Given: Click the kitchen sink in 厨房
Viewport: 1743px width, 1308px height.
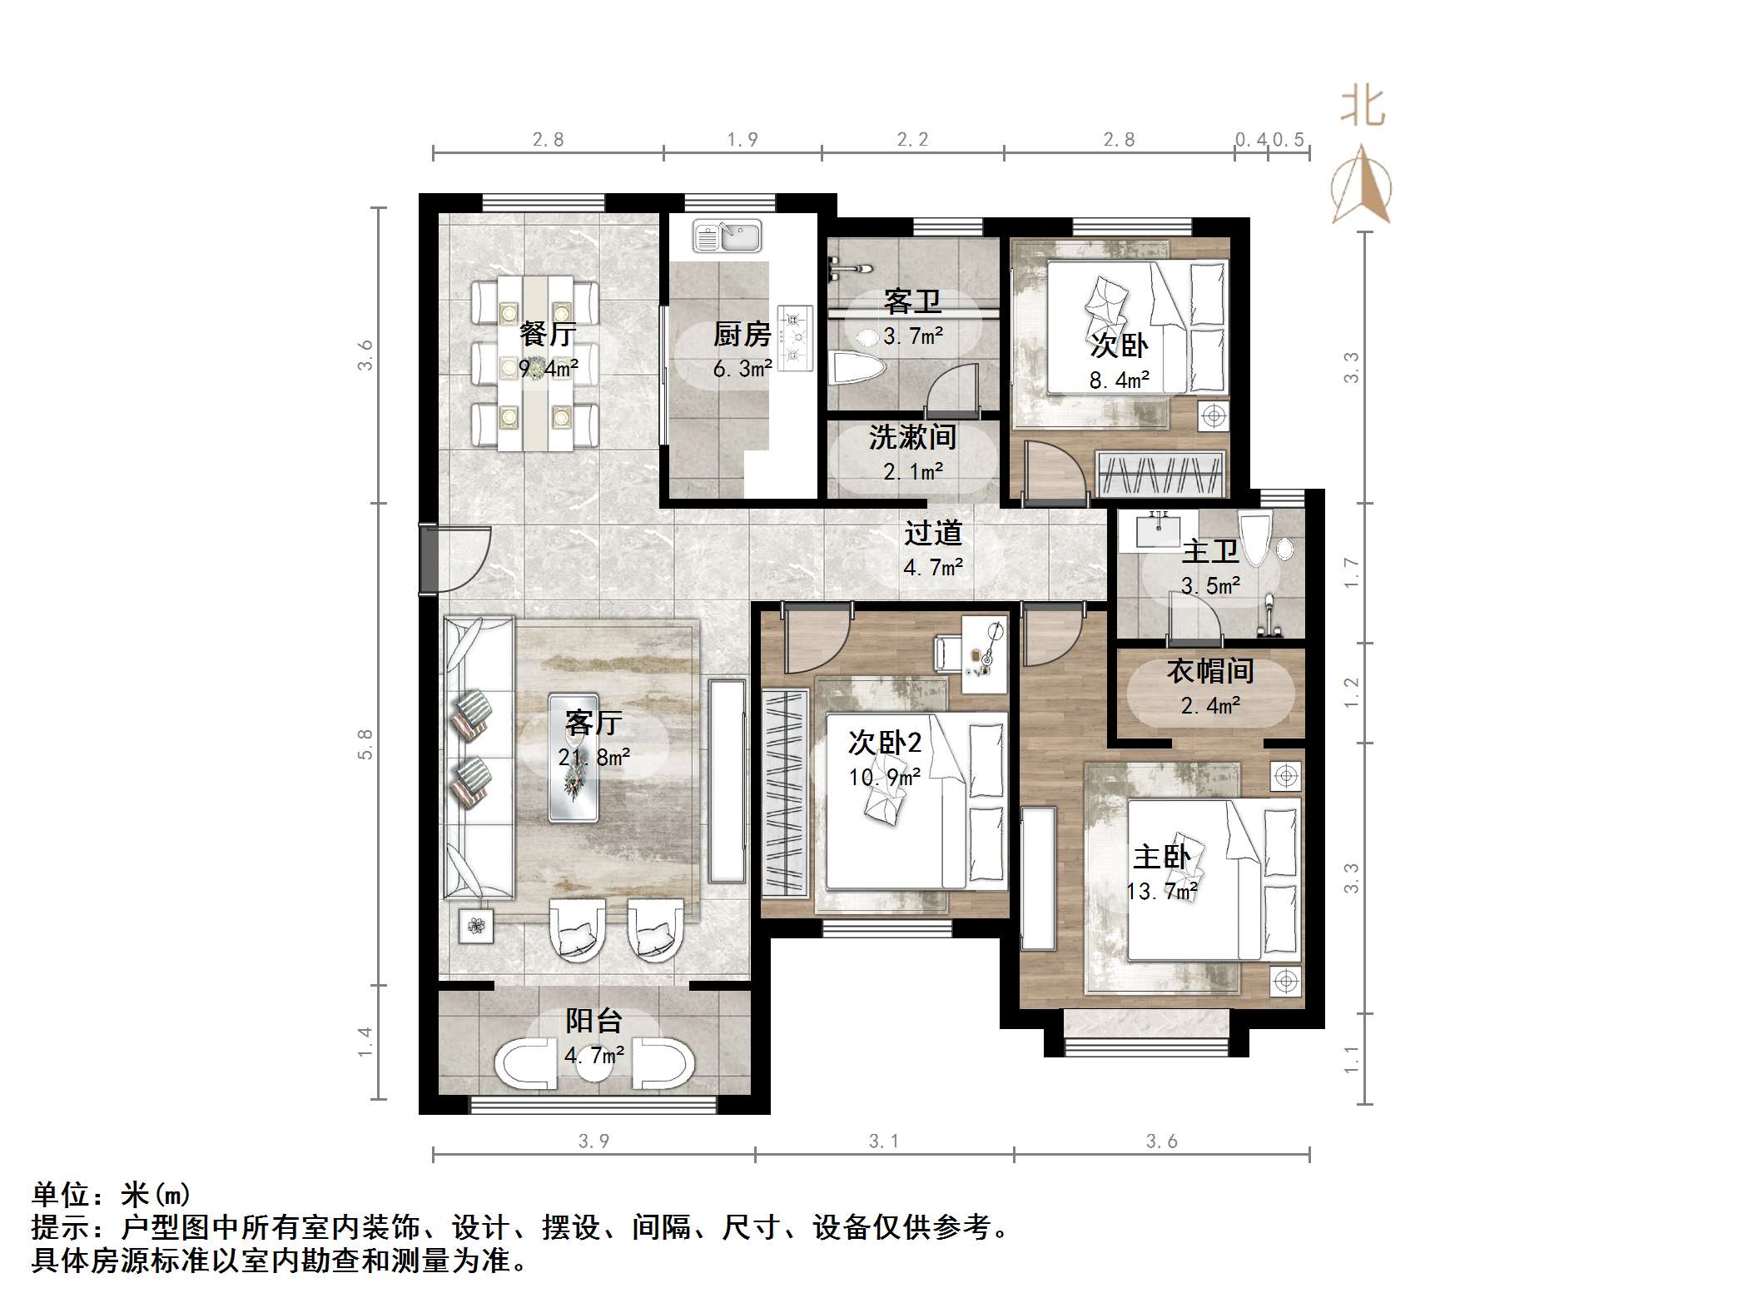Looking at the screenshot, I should pyautogui.click(x=727, y=236).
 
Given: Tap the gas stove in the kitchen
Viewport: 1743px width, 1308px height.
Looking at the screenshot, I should pyautogui.click(x=795, y=337).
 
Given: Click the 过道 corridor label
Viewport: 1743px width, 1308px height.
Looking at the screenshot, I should pyautogui.click(x=933, y=533).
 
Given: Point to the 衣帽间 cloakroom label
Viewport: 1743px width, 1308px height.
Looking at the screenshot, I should pyautogui.click(x=1209, y=671).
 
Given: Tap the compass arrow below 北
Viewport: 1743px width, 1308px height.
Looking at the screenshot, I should pyautogui.click(x=1362, y=186).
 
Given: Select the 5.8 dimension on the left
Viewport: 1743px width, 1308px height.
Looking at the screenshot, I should pyautogui.click(x=365, y=744).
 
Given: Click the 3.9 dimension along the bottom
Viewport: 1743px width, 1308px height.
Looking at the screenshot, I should pyautogui.click(x=593, y=1141).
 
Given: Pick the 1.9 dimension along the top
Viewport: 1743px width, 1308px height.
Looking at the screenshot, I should pyautogui.click(x=742, y=140).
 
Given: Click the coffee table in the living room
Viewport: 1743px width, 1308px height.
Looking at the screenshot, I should pyautogui.click(x=573, y=758).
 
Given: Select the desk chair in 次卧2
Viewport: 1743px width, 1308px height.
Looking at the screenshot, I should pyautogui.click(x=950, y=652).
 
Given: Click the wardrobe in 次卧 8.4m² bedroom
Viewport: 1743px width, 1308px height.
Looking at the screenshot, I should pyautogui.click(x=1161, y=474).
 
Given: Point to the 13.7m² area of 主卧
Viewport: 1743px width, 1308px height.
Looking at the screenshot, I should pyautogui.click(x=1162, y=892).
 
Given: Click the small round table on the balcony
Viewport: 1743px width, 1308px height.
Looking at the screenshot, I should pyautogui.click(x=594, y=1065).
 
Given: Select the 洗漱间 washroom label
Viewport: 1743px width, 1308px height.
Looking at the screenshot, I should pyautogui.click(x=912, y=438).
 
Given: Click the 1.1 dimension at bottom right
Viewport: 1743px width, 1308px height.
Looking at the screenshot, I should pyautogui.click(x=1351, y=1059).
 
